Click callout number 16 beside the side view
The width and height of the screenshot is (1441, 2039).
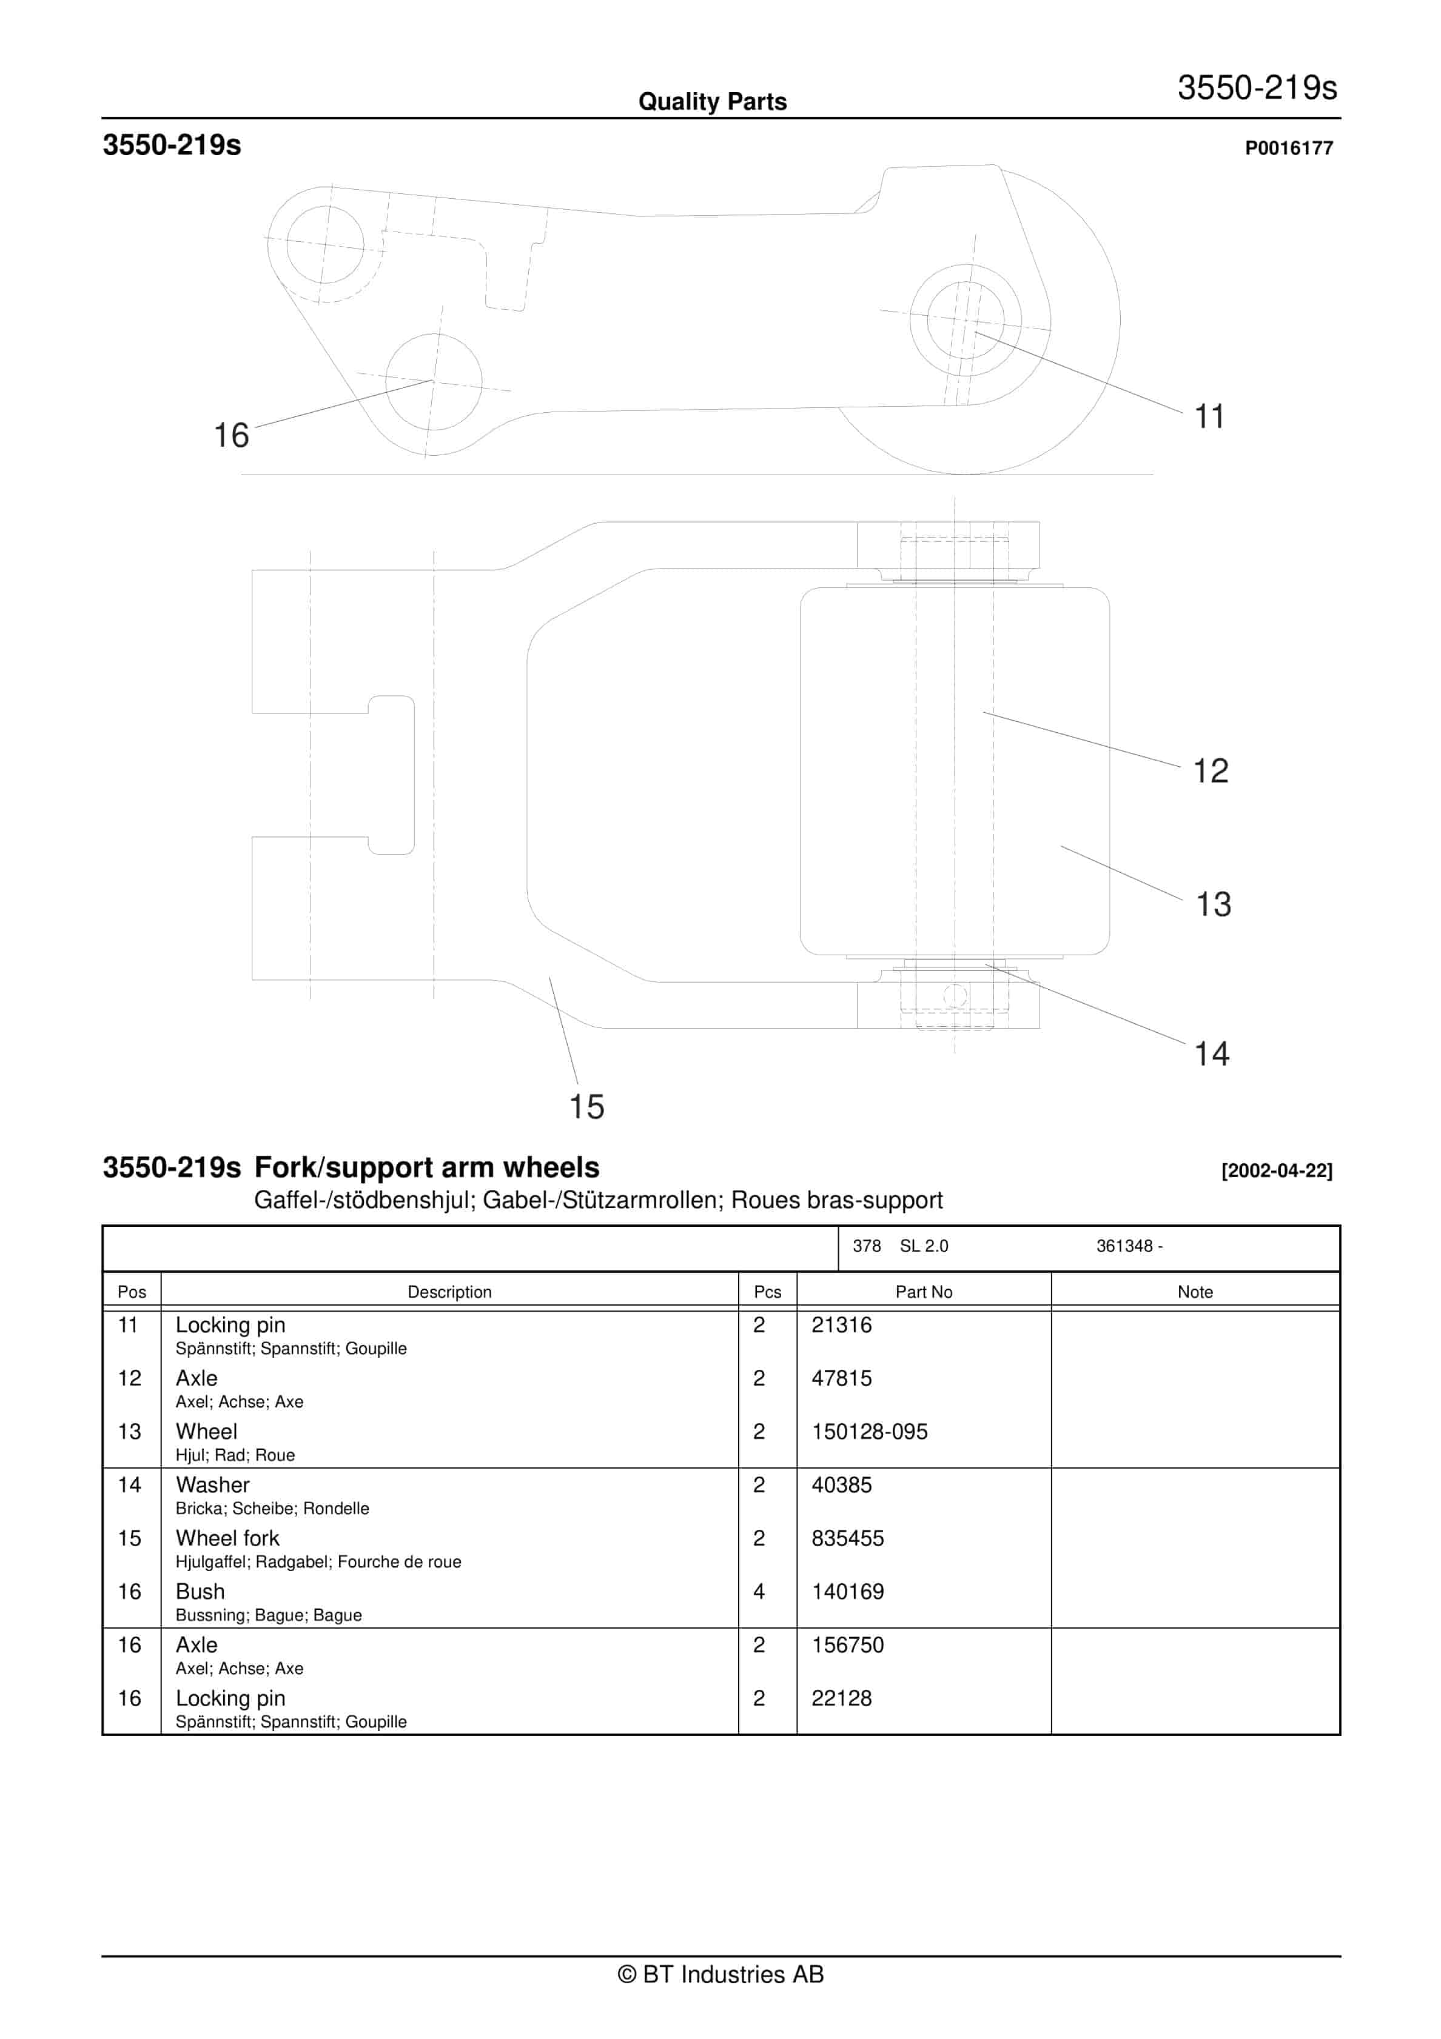tap(231, 435)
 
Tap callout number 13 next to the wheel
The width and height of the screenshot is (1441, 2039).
tap(1213, 904)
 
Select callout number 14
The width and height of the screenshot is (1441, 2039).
tap(1211, 1053)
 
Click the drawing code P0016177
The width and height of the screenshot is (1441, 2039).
tap(1288, 149)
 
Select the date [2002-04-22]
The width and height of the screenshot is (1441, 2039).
tap(1276, 1170)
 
